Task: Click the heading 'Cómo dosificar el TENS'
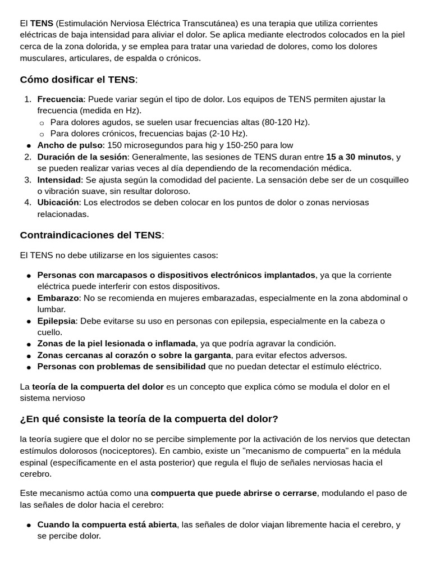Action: [x=77, y=79]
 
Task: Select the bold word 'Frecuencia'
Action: [x=60, y=99]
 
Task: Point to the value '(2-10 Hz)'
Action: [x=228, y=134]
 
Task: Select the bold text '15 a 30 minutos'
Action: [x=359, y=157]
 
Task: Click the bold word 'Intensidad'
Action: [x=59, y=180]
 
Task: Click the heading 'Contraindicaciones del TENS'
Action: [x=91, y=235]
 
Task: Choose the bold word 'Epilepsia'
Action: [x=56, y=321]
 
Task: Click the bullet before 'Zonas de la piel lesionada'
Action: [x=29, y=344]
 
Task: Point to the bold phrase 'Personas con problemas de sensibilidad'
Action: [x=121, y=367]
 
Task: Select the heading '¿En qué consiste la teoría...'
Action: [x=149, y=419]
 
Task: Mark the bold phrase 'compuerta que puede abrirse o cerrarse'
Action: [x=234, y=493]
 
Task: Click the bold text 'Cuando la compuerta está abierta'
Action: [x=107, y=524]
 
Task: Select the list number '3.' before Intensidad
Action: [x=28, y=180]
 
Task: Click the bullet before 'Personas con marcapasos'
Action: [x=29, y=275]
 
